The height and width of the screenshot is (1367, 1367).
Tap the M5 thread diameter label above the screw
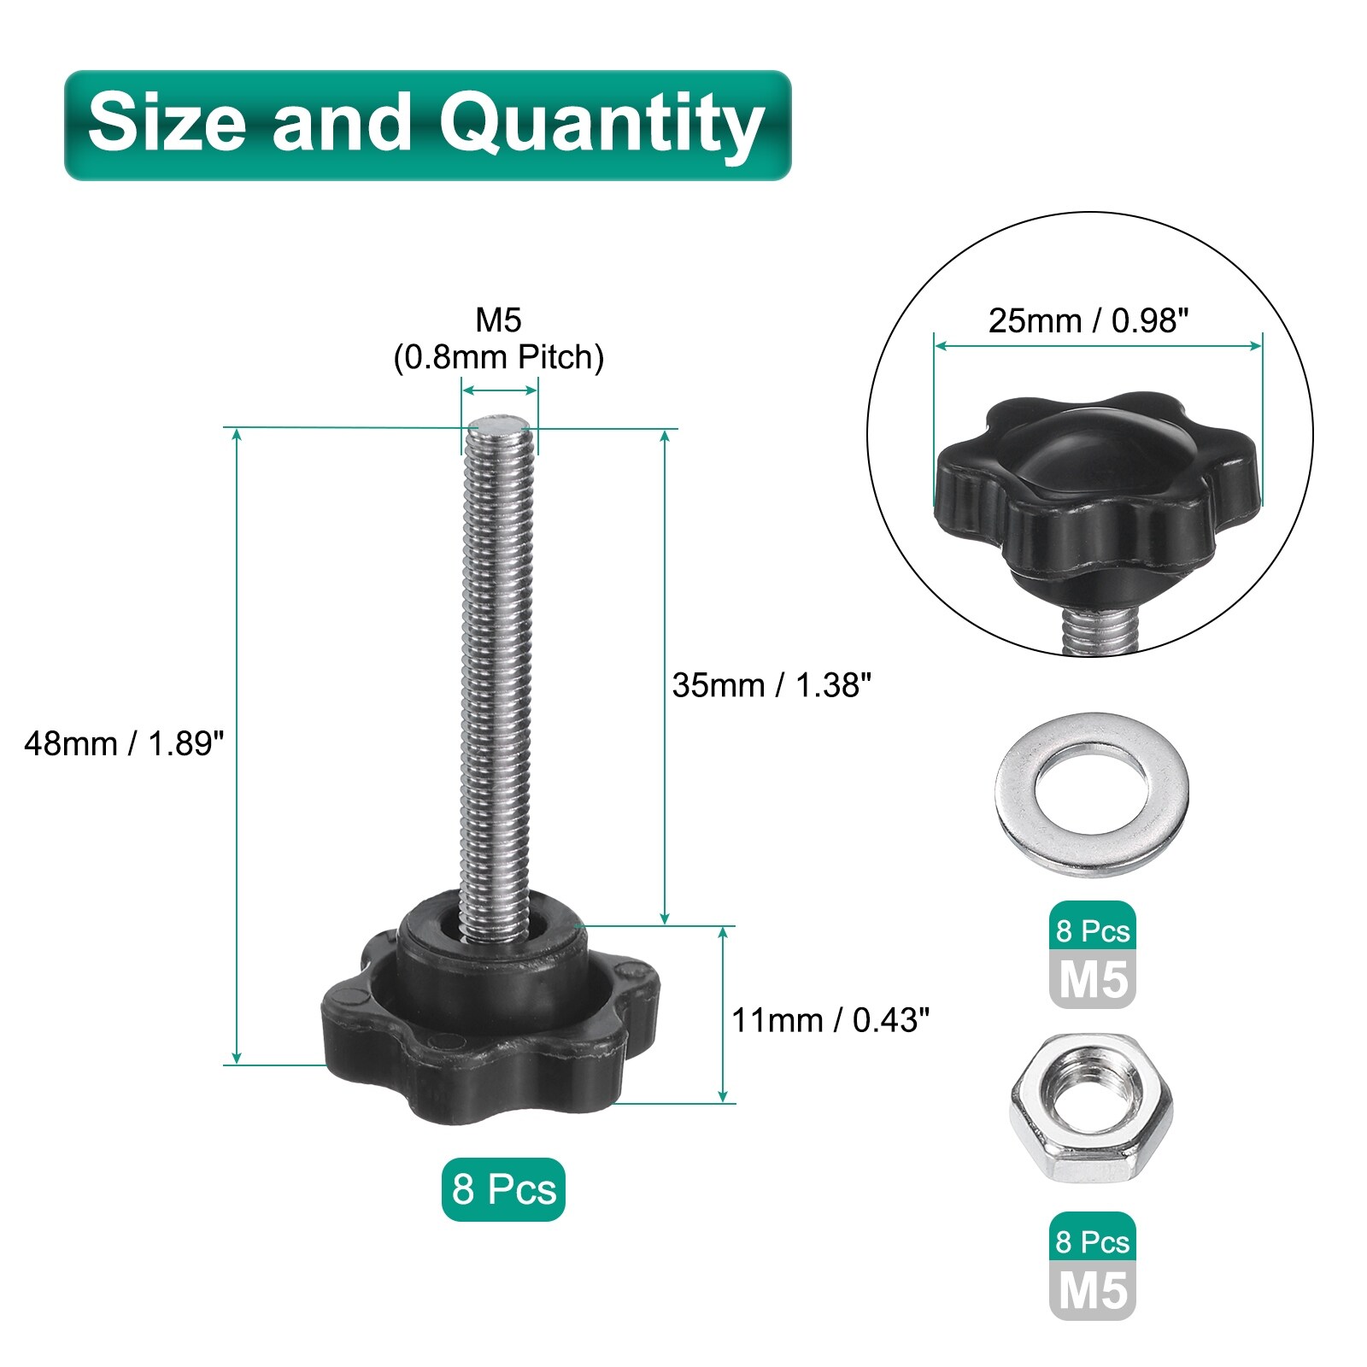click(x=498, y=320)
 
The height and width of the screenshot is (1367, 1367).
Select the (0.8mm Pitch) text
click(x=498, y=357)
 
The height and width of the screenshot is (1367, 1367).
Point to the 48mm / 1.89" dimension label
click(x=124, y=743)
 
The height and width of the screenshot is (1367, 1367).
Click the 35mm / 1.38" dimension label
click(x=772, y=684)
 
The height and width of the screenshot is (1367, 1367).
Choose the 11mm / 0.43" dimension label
click(x=830, y=1019)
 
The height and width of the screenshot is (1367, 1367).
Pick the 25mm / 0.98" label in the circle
click(x=1088, y=320)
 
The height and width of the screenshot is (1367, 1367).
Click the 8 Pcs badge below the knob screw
click(x=503, y=1189)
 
